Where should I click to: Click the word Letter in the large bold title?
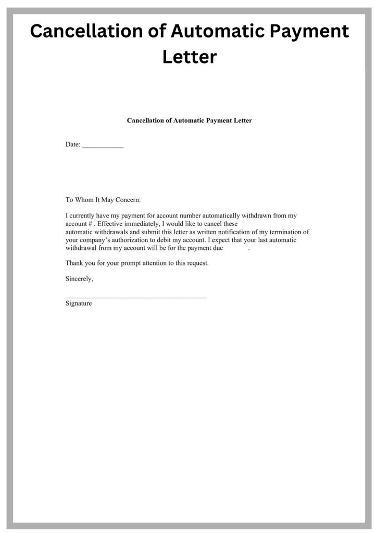coord(189,57)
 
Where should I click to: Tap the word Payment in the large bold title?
coord(305,32)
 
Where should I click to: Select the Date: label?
coord(73,145)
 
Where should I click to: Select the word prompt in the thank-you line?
coord(123,263)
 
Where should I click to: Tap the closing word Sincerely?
coord(79,279)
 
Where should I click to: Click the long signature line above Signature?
coord(136,297)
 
